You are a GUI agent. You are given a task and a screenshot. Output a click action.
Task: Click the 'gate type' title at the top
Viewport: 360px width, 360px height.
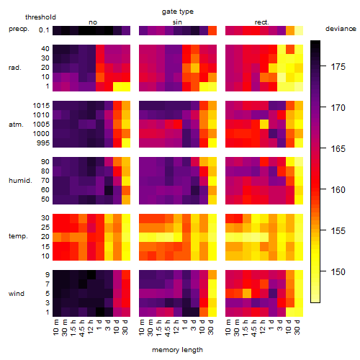178,12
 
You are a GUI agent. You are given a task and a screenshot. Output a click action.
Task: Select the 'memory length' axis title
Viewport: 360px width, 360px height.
177,350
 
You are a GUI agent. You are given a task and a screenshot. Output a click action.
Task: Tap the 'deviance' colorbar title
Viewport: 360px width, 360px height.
341,29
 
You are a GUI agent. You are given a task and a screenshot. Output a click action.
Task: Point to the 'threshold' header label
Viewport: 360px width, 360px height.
40,17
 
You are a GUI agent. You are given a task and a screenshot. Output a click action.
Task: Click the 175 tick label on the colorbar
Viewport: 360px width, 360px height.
338,67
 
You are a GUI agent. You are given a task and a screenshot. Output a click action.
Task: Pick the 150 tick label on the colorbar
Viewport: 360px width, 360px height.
338,272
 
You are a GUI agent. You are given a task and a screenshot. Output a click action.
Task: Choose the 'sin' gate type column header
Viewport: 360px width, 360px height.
177,22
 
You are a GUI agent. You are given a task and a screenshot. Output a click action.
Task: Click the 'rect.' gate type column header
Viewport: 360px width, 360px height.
261,22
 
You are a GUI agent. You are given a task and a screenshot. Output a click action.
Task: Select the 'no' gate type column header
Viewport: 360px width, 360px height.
93,22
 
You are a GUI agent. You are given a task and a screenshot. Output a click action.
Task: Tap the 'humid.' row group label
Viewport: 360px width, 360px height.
20,181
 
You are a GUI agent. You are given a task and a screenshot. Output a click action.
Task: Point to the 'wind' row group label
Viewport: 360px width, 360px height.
17,294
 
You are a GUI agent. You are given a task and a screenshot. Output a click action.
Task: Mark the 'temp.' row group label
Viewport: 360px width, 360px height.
18,236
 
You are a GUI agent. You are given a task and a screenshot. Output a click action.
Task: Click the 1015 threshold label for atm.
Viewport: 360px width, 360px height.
41,106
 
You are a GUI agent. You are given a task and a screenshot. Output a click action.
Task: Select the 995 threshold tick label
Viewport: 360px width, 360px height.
43,143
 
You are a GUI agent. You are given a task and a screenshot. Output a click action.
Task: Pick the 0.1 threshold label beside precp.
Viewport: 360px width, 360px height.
44,30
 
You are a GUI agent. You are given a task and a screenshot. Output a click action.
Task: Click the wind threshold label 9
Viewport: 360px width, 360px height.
48,275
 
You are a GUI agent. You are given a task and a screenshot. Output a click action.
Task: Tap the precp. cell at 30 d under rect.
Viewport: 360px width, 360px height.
299,31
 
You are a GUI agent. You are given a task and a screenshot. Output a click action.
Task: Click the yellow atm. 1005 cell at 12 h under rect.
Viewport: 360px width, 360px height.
264,124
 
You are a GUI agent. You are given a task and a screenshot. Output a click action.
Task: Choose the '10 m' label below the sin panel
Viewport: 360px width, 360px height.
142,328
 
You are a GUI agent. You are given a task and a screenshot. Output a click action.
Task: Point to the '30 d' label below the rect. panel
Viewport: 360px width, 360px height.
297,328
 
